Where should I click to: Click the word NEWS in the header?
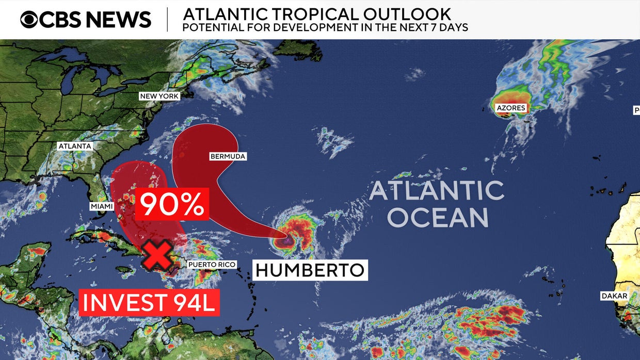(x=118, y=20)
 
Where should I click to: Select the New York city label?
(x=159, y=96)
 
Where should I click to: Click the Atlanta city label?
(x=75, y=146)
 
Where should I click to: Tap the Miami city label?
(x=101, y=206)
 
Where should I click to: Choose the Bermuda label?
(x=228, y=156)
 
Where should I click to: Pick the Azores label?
(x=510, y=108)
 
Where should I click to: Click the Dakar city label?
(x=614, y=296)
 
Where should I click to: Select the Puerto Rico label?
(x=212, y=265)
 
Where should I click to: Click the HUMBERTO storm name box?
(x=310, y=270)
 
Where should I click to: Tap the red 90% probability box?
(x=172, y=204)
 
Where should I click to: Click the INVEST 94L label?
(x=149, y=302)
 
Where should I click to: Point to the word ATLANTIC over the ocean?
(x=437, y=191)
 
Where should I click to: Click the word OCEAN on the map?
(x=438, y=218)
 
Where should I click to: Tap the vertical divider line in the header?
(x=167, y=20)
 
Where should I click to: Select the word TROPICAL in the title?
(x=299, y=13)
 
